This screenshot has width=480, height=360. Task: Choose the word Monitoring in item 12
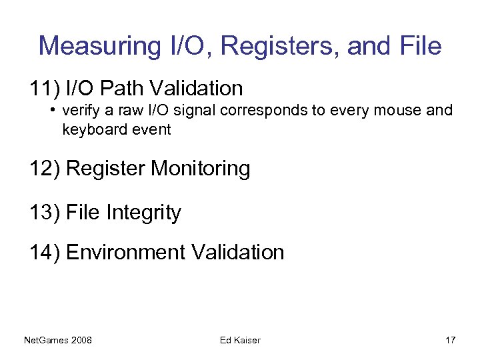(x=201, y=169)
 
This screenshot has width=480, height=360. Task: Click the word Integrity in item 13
(x=144, y=213)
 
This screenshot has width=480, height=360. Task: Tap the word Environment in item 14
(x=127, y=253)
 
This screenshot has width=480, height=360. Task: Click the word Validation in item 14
(x=238, y=253)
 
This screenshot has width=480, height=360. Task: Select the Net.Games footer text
(x=45, y=341)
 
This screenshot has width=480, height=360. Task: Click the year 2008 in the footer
(x=81, y=341)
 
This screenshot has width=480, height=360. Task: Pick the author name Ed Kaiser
(x=240, y=341)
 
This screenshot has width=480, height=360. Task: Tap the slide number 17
(x=450, y=341)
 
